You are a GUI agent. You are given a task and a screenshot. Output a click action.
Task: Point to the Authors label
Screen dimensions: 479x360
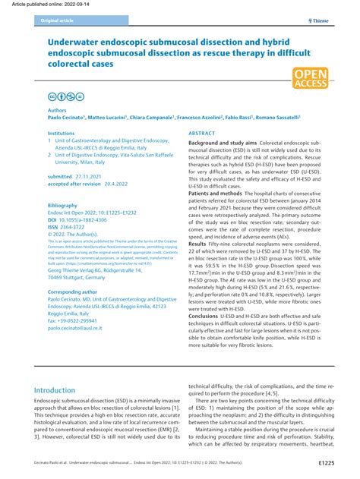[x=57, y=110]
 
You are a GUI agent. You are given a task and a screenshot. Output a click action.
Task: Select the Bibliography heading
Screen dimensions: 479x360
[x=63, y=205]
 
